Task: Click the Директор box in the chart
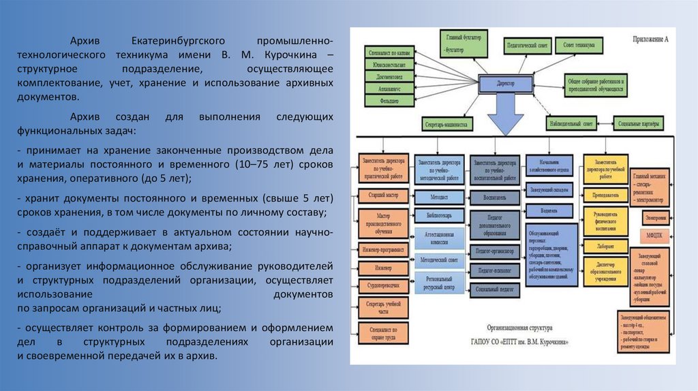pos(506,82)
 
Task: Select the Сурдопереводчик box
pos(382,283)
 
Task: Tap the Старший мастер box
pos(382,196)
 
